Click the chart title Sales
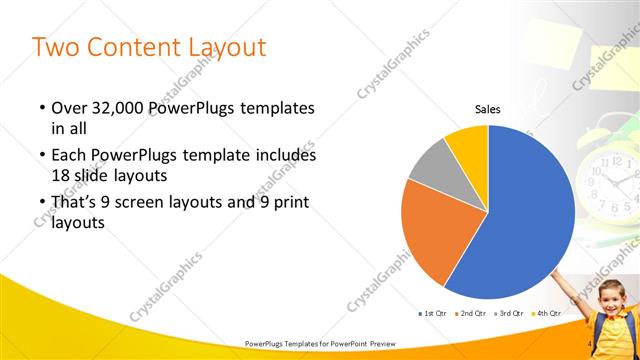click(x=487, y=110)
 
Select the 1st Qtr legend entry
click(x=433, y=314)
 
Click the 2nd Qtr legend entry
click(x=472, y=314)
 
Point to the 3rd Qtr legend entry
click(x=511, y=314)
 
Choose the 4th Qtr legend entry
click(x=549, y=314)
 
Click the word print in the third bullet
click(x=289, y=203)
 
